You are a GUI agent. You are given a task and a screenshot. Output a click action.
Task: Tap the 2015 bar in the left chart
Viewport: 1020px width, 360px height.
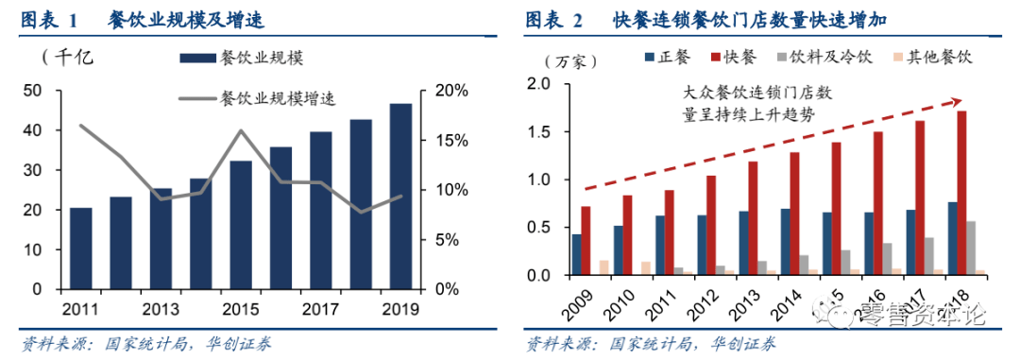pos(241,224)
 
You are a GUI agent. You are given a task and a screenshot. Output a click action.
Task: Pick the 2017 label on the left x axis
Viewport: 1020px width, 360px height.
pos(321,308)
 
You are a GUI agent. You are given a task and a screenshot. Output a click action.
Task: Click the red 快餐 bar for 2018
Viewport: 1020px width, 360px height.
pos(961,193)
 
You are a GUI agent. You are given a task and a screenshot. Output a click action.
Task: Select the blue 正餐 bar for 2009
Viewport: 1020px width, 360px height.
pos(576,254)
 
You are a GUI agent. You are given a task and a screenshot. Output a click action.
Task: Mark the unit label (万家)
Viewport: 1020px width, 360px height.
pos(565,61)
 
